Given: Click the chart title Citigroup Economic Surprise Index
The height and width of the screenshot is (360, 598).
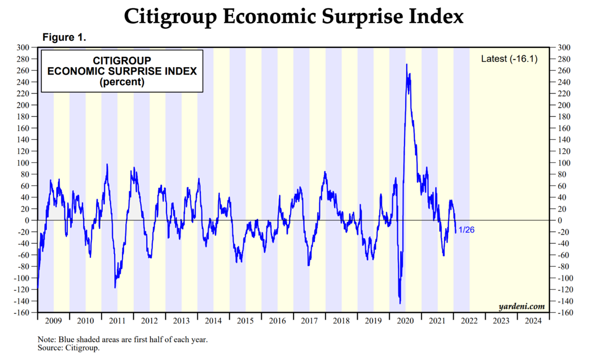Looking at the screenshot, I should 294,17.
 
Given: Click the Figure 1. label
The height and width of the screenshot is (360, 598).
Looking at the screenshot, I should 64,37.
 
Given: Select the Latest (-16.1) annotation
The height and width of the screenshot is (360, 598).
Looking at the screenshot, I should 509,59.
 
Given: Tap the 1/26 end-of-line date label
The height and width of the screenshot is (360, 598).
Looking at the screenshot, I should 466,230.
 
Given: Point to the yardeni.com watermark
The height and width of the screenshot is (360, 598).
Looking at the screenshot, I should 521,306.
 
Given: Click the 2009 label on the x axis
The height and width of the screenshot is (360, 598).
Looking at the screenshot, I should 53,321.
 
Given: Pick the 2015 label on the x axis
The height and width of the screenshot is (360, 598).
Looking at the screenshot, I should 245,321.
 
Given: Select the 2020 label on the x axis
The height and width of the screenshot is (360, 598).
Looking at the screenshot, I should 405,321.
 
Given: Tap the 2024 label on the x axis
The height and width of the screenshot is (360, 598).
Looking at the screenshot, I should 533,321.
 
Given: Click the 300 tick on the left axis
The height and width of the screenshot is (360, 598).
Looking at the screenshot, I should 23,48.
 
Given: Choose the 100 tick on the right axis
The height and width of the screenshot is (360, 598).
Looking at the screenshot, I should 564,163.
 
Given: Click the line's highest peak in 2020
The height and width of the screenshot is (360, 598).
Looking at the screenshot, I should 406,64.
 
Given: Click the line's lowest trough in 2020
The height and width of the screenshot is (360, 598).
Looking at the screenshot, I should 400,303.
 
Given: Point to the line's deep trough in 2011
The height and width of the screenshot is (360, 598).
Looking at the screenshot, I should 115,287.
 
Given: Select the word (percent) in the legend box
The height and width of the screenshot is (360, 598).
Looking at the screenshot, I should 122,82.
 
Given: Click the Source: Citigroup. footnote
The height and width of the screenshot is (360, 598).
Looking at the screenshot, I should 69,348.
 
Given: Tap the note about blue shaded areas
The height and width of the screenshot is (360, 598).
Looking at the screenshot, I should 123,340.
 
